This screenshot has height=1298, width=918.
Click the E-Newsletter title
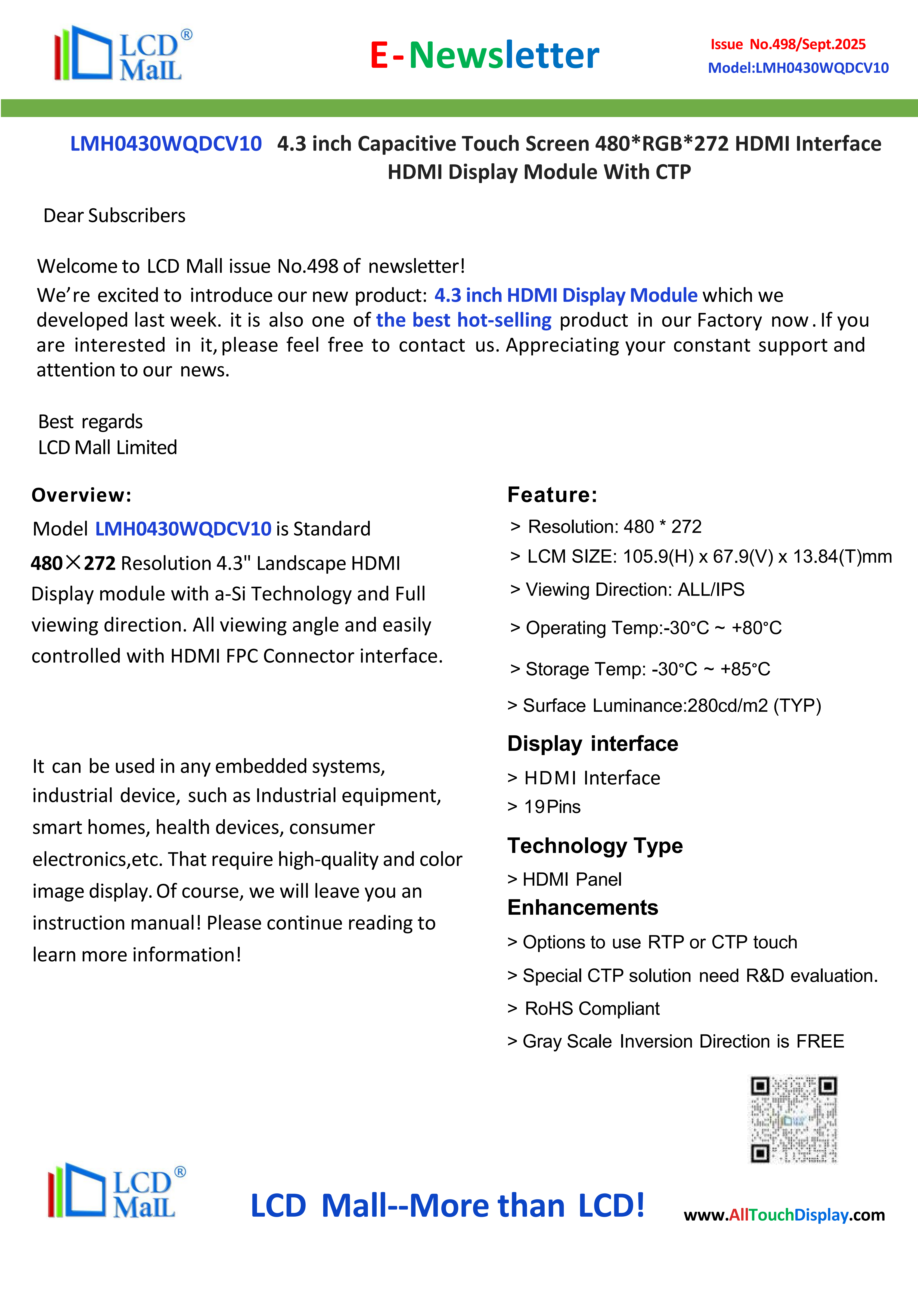484,55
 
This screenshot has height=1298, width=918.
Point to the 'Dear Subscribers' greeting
114,215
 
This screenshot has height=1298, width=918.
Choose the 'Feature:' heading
552,495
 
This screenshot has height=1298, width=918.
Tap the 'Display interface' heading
592,743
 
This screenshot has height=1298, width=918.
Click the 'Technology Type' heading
595,845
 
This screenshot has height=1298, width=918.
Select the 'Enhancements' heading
583,907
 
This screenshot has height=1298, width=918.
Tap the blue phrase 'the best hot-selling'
464,320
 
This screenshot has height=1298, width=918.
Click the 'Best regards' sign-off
90,422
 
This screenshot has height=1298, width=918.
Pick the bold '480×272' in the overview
74,563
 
